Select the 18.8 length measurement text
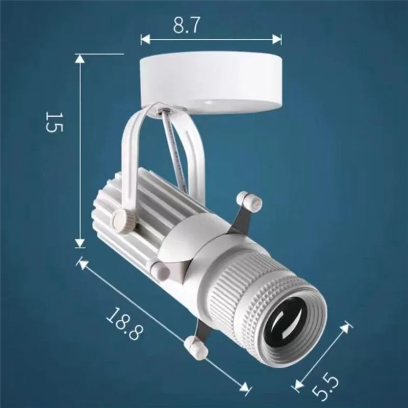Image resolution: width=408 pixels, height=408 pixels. pyautogui.click(x=124, y=325)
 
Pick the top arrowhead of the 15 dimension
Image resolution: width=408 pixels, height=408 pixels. pyautogui.click(x=80, y=58)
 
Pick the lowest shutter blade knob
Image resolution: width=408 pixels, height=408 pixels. pyautogui.click(x=195, y=346)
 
